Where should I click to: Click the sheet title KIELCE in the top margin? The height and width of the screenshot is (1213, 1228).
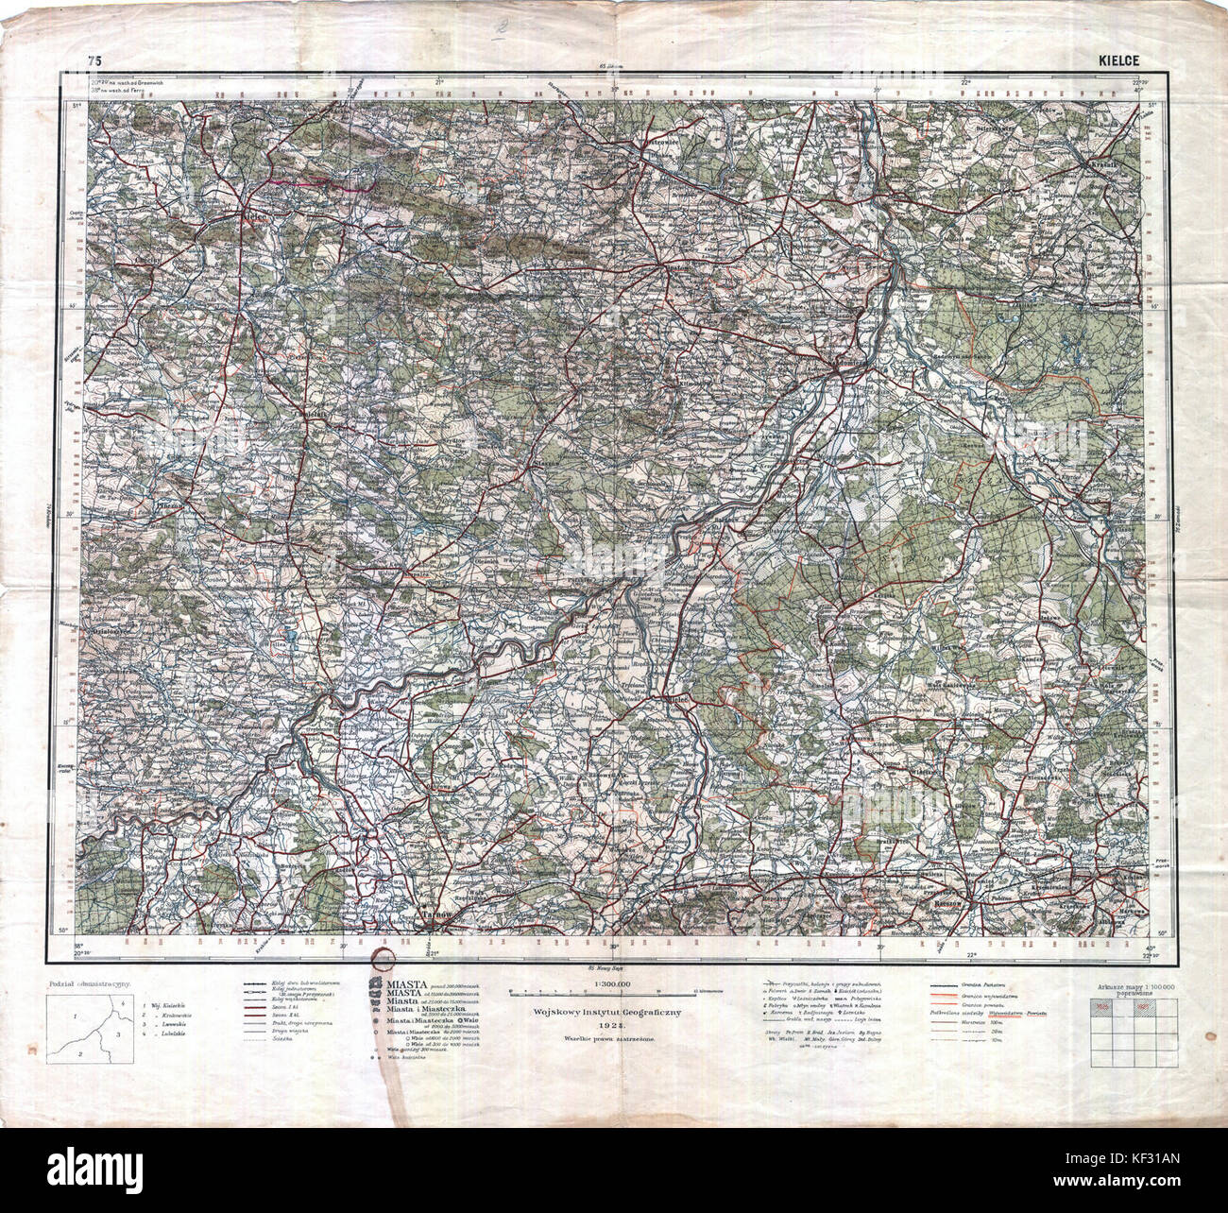pos(1118,61)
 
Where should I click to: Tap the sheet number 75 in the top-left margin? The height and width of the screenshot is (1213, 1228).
pos(93,61)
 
